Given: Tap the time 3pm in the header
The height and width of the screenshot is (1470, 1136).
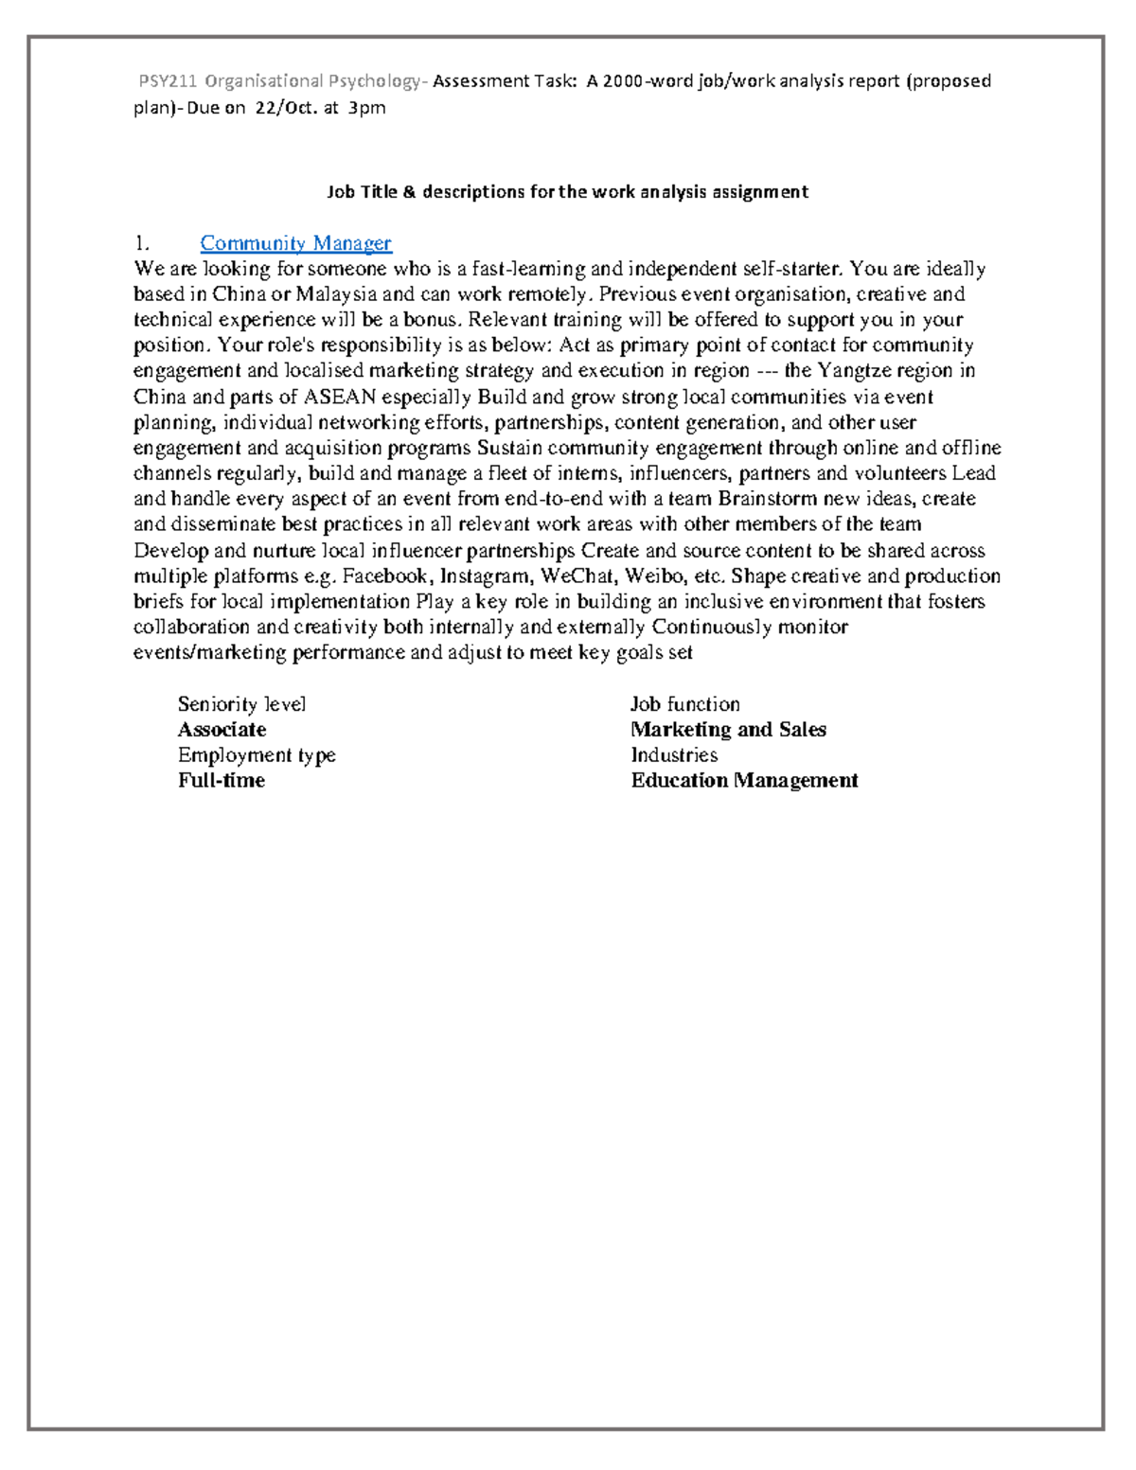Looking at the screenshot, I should click(366, 108).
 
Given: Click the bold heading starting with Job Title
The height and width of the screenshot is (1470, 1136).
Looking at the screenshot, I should click(567, 192).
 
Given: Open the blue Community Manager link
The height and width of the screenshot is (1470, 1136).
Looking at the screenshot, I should click(295, 243).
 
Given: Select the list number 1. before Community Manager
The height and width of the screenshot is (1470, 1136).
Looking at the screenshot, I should click(142, 243).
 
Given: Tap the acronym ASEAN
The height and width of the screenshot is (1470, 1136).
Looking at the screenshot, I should click(338, 397).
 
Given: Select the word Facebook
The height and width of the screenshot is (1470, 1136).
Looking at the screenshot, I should click(384, 576).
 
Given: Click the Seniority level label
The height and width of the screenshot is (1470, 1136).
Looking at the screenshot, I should click(241, 704).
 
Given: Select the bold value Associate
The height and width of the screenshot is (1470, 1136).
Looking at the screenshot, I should click(222, 730).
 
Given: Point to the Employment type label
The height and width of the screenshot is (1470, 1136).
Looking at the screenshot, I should click(257, 755).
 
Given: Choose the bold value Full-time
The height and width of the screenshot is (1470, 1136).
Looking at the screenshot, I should click(222, 781).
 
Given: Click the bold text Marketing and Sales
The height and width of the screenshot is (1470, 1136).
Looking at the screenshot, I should click(728, 730).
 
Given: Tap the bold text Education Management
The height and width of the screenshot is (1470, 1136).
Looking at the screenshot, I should click(744, 781).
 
